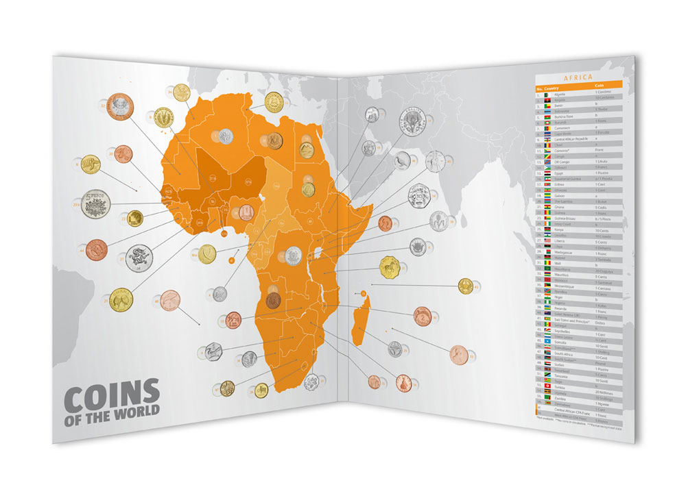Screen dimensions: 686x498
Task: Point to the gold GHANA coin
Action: [121, 299]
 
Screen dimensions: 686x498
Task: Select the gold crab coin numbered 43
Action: [466, 285]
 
